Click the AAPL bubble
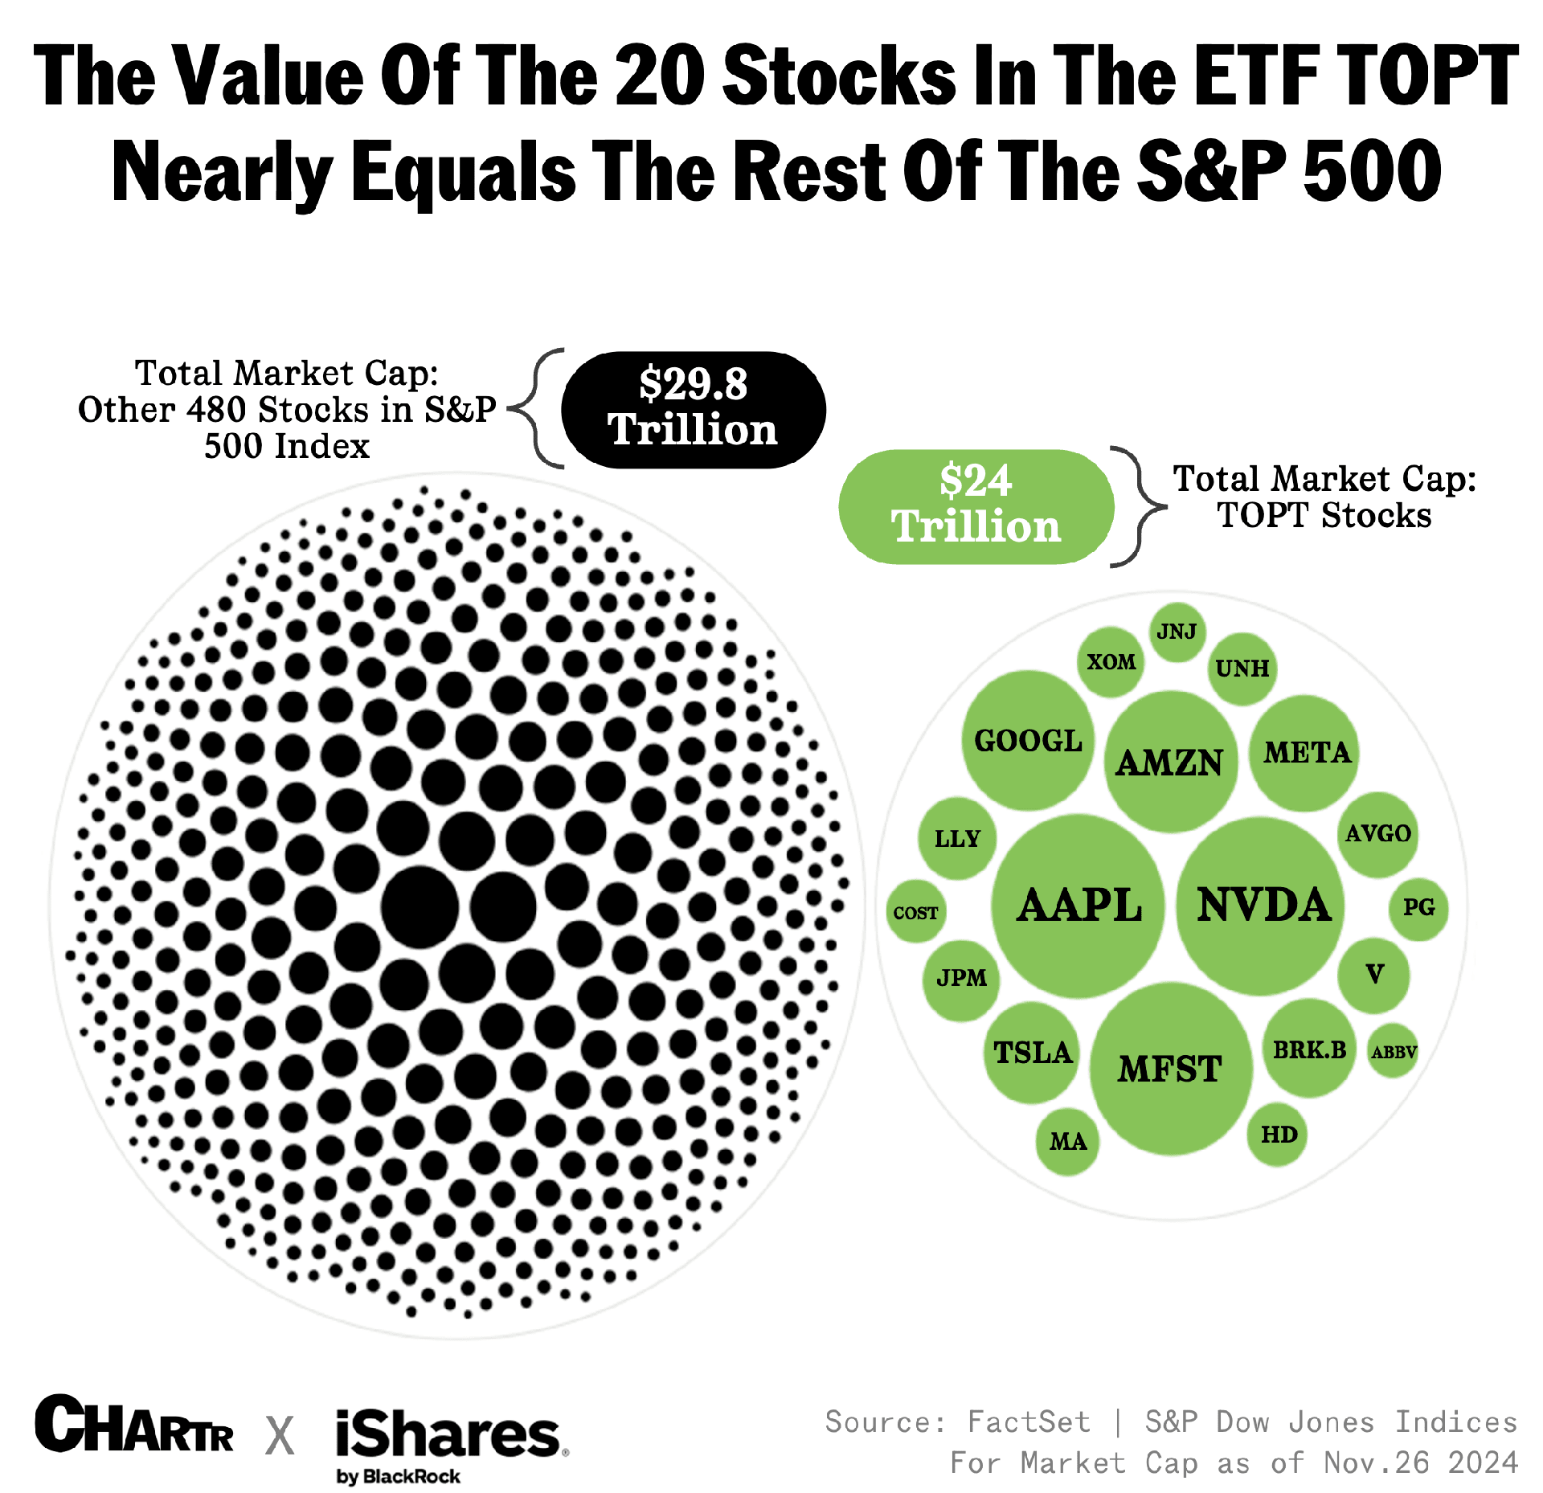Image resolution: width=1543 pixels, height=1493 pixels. coord(1078,906)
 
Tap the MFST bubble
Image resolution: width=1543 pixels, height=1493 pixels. coord(1170,1069)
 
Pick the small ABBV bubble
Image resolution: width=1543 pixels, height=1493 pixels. coord(1394,1051)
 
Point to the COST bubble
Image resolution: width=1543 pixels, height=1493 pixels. coord(916,913)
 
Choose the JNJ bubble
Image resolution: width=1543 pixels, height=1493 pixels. coord(1177,632)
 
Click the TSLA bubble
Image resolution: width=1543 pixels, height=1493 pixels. coord(1033,1053)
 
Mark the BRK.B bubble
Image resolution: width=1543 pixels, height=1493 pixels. coord(1309,1049)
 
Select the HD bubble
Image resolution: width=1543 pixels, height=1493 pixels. coord(1279,1135)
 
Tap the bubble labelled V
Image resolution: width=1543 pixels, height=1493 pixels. coord(1374,976)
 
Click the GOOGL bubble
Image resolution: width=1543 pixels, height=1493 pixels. coord(1028,741)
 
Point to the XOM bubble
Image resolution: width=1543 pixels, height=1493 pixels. coord(1111,662)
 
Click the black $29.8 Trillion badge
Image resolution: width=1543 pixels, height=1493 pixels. coord(694,410)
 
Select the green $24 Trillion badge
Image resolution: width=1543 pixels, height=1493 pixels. coord(976,507)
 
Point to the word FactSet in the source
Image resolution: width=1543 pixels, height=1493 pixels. coord(1029,1421)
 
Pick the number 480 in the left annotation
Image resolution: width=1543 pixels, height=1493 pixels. coord(216,410)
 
